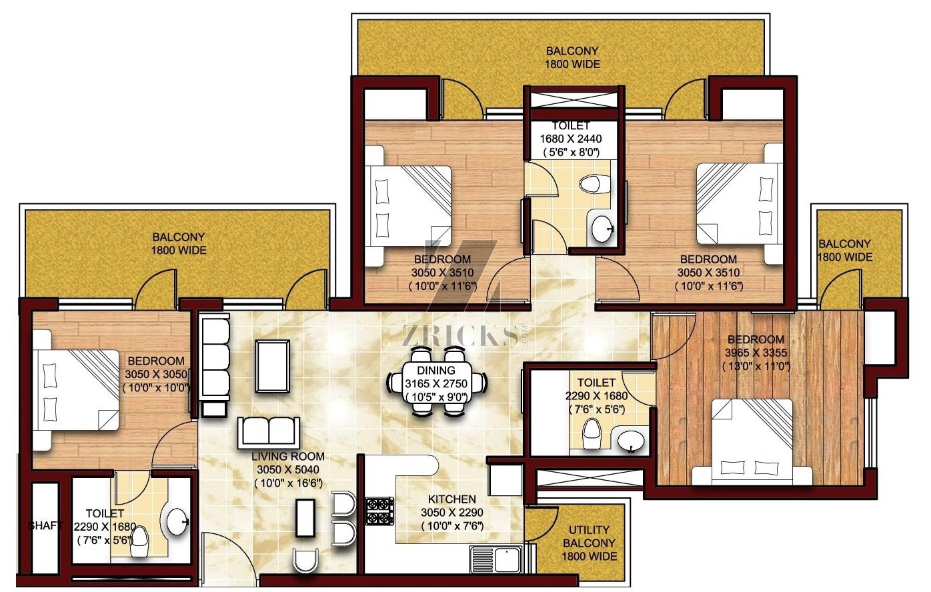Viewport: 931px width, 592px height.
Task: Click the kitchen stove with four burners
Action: pyautogui.click(x=379, y=511)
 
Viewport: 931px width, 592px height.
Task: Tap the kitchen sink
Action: pyautogui.click(x=496, y=559)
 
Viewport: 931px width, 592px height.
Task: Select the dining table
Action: pyautogui.click(x=437, y=383)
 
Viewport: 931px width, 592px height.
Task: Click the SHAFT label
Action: pyautogui.click(x=45, y=525)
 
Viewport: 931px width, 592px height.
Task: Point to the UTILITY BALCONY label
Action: pyautogui.click(x=589, y=536)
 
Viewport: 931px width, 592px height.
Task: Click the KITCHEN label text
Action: pyautogui.click(x=451, y=499)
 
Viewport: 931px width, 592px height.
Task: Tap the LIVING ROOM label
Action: pyautogui.click(x=288, y=456)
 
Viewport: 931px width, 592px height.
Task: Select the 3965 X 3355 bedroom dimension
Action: pyautogui.click(x=756, y=353)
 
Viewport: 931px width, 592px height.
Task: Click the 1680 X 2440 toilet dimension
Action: pyautogui.click(x=571, y=139)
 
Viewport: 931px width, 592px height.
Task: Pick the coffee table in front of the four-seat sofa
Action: pyautogui.click(x=273, y=366)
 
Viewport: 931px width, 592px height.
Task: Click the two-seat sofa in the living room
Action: pyautogui.click(x=269, y=433)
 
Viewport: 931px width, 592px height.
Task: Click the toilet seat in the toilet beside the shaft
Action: pyautogui.click(x=139, y=542)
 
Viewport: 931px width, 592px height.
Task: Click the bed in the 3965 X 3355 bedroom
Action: pyautogui.click(x=752, y=442)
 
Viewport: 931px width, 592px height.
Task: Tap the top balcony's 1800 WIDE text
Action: pyautogui.click(x=572, y=65)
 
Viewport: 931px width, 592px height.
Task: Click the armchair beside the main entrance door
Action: pyautogui.click(x=305, y=561)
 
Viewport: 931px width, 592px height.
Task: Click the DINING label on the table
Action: pyautogui.click(x=436, y=370)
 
